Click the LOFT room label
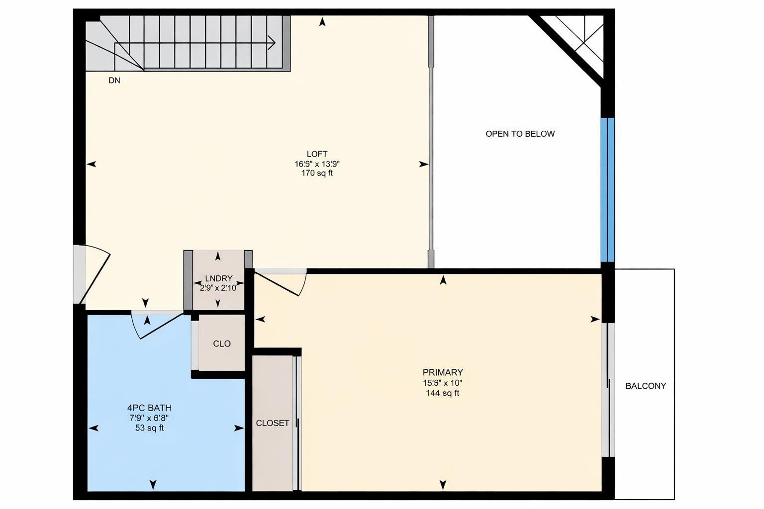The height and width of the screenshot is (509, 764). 317,154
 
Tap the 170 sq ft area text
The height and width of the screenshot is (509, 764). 317,173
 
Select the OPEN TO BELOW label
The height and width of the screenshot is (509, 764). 520,134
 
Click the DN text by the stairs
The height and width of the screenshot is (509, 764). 114,81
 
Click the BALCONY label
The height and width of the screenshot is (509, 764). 645,386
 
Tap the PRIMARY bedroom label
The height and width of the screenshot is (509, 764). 443,372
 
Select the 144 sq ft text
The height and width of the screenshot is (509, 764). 442,393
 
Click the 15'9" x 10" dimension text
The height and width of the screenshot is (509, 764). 442,383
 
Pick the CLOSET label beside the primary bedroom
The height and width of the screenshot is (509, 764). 272,423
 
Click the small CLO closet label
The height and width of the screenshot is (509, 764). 221,343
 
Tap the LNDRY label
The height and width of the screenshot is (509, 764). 218,279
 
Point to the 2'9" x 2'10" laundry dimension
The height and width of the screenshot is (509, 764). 218,288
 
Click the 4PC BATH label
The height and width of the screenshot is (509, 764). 149,408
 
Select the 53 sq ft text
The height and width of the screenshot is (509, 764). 149,428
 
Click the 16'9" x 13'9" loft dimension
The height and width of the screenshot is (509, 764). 317,164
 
